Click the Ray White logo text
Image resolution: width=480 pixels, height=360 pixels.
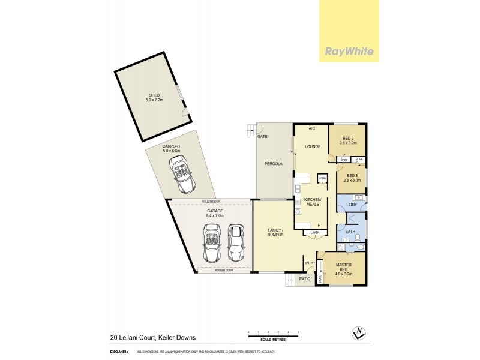(350, 50)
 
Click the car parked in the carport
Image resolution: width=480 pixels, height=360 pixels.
(181, 175)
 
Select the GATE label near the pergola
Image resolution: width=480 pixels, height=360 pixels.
(262, 137)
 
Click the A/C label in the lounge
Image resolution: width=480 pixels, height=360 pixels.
(312, 129)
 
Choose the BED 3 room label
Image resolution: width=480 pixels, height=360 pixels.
(351, 178)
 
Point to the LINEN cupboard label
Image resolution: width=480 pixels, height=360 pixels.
(315, 232)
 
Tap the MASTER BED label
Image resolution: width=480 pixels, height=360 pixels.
(344, 268)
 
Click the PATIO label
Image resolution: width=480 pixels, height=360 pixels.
(304, 278)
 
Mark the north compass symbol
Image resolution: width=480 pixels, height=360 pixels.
(358, 332)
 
